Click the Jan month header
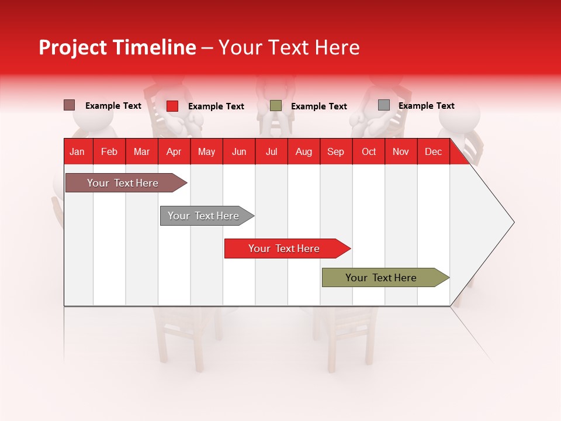78,151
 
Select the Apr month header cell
174,151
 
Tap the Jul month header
271,151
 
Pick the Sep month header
336,151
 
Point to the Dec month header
433,151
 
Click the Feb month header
109,151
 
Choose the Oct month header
369,151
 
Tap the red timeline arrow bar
285,249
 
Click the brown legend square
69,105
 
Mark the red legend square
172,106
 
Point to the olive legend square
276,106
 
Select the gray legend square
384,105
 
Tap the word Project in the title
72,47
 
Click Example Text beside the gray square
427,106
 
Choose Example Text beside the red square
216,106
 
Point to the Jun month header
239,151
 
